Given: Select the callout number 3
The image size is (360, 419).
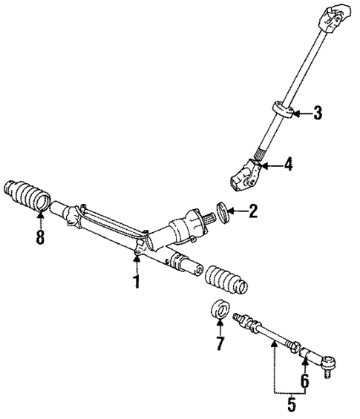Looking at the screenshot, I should click(x=317, y=113).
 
